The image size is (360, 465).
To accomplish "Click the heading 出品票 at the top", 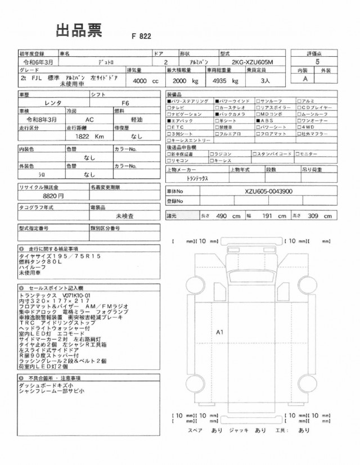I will click(x=78, y=30).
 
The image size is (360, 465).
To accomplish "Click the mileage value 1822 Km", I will click(x=87, y=137).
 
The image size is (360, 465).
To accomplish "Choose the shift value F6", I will click(x=125, y=103).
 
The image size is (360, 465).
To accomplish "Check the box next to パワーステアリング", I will click(x=169, y=100).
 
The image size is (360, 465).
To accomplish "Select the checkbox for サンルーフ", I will click(x=258, y=100).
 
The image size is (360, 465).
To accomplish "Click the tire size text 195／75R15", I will click(x=71, y=256).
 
